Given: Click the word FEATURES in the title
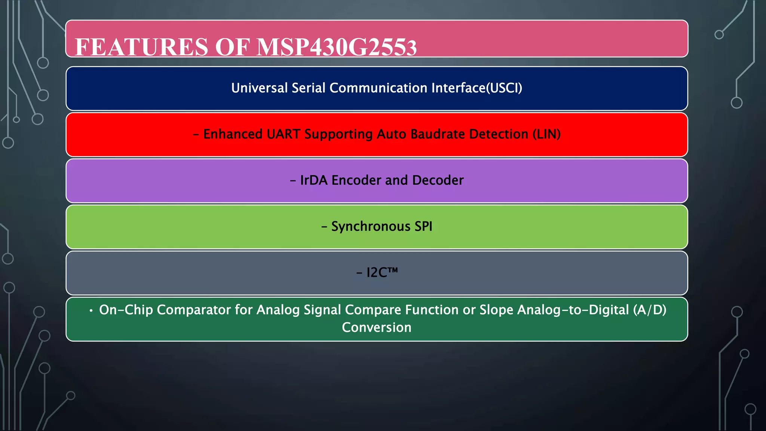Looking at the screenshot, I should click(141, 47).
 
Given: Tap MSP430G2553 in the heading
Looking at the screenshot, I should click(337, 47).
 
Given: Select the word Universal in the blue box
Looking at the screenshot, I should click(259, 88).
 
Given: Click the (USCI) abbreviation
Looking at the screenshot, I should click(504, 88).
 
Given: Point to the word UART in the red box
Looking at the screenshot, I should click(283, 134).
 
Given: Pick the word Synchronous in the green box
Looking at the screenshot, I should click(371, 226).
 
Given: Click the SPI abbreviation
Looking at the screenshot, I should click(423, 226).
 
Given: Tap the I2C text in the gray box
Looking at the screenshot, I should click(377, 273).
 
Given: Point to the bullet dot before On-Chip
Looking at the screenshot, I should click(91, 311).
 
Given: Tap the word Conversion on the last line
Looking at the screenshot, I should click(376, 327).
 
